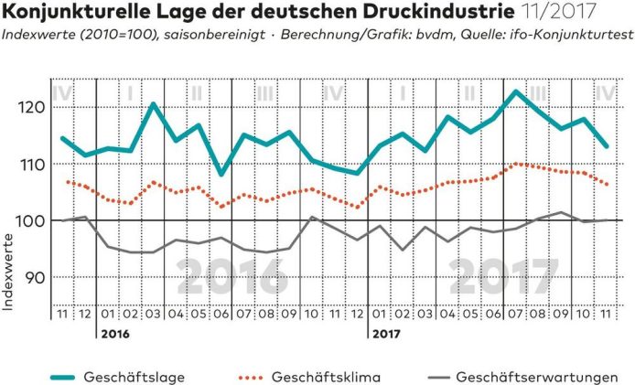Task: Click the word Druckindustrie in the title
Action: [x=410, y=12]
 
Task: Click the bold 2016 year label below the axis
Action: [x=114, y=335]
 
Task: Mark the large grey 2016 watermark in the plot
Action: [x=231, y=272]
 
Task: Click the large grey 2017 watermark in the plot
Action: [x=504, y=272]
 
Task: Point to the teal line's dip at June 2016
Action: [x=221, y=174]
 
